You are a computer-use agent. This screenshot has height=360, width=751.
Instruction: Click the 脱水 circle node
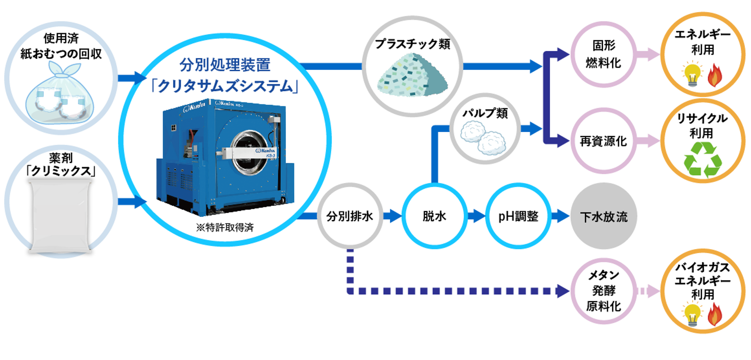pos(434,216)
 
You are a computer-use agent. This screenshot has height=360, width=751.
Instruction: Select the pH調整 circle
pos(518,216)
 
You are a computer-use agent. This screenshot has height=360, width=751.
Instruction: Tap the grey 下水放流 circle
pos(604,216)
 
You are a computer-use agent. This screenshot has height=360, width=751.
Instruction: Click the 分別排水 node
pos(350,216)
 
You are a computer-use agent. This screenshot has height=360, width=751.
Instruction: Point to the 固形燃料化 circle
pos(603,54)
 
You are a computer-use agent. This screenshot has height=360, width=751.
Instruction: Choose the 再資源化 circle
pos(603,141)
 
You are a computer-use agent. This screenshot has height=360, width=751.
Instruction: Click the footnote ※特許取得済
pos(225,227)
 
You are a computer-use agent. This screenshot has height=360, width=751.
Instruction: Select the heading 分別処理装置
pos(225,65)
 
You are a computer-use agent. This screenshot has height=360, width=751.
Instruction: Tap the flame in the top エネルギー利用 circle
pos(715,75)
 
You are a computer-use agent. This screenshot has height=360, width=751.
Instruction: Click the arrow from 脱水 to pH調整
pos(476,216)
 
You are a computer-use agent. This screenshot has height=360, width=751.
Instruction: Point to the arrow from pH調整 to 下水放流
pos(560,216)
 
